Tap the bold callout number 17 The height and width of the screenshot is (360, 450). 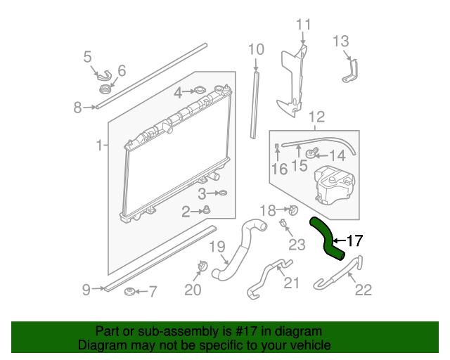354,240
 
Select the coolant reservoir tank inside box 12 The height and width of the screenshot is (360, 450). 335,185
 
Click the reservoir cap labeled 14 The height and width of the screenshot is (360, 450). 311,153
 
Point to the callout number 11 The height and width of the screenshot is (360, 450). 303,25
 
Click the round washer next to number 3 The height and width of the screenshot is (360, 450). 223,193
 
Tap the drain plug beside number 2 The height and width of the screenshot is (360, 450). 207,210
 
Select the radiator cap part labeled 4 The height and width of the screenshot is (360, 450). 200,91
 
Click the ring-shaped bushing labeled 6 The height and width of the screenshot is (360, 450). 105,89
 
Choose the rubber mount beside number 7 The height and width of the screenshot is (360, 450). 129,292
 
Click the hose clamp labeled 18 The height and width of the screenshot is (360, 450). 293,210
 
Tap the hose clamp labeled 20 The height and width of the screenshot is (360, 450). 202,266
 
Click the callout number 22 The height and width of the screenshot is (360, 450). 364,290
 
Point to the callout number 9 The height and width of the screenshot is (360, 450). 86,290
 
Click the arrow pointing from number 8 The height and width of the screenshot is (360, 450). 90,107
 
